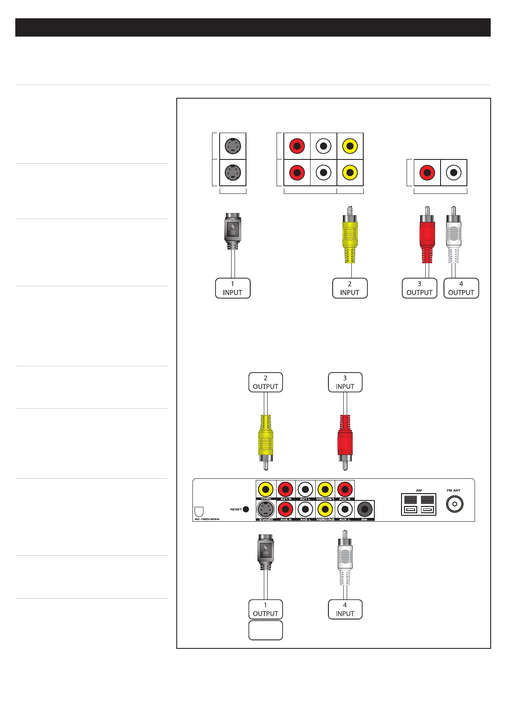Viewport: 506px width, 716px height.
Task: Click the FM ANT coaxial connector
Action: click(x=455, y=504)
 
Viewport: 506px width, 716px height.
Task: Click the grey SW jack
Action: click(x=364, y=509)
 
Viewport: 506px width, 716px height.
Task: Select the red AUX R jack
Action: click(x=345, y=489)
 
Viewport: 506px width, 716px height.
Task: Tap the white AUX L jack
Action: click(x=345, y=509)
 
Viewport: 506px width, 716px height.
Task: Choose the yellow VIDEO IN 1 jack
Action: click(x=325, y=489)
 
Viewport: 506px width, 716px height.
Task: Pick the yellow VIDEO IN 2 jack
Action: click(x=325, y=509)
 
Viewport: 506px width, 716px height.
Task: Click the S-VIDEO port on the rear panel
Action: click(x=266, y=509)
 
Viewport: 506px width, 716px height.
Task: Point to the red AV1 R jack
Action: click(x=286, y=489)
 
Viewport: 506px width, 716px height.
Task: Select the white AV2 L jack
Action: click(x=305, y=509)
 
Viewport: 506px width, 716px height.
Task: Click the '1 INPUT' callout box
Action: click(x=232, y=288)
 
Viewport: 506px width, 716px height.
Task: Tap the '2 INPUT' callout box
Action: click(x=350, y=288)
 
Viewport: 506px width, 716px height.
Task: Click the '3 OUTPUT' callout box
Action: click(x=419, y=288)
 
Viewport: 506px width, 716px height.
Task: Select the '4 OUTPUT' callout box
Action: click(x=461, y=288)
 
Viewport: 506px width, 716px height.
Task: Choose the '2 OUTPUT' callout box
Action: click(x=266, y=382)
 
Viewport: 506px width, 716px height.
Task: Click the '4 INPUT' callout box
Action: click(x=345, y=609)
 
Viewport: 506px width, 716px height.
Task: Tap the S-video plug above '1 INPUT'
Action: click(x=232, y=232)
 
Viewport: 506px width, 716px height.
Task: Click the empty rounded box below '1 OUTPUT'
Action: click(x=266, y=630)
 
